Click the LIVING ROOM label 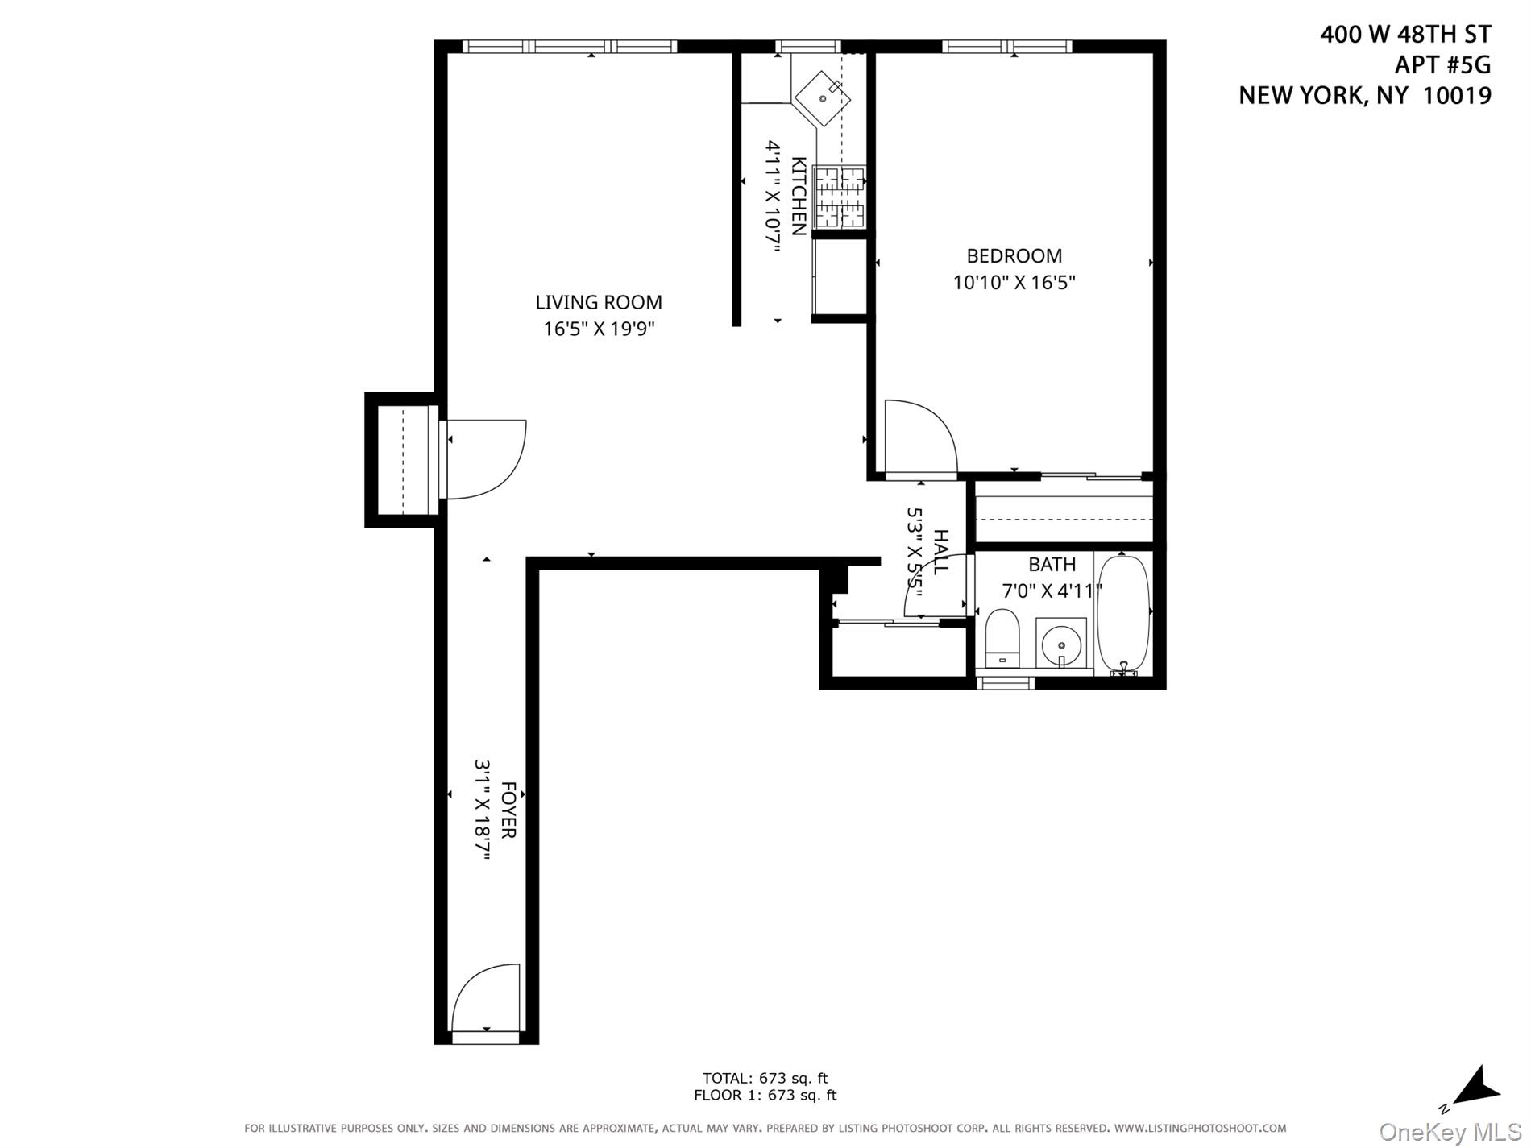click(x=599, y=302)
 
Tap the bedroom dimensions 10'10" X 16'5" click(x=1014, y=283)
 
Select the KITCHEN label click(x=799, y=196)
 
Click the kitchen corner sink click(x=823, y=98)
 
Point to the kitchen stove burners click(x=839, y=197)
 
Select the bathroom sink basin click(x=1060, y=644)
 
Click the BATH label click(x=1052, y=565)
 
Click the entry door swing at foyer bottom click(x=483, y=999)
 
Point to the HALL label click(x=940, y=552)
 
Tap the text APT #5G click(x=1442, y=64)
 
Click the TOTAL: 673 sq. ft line click(x=765, y=1078)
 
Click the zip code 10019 click(x=1457, y=95)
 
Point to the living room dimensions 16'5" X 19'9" click(x=599, y=329)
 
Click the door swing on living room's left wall click(x=483, y=459)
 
